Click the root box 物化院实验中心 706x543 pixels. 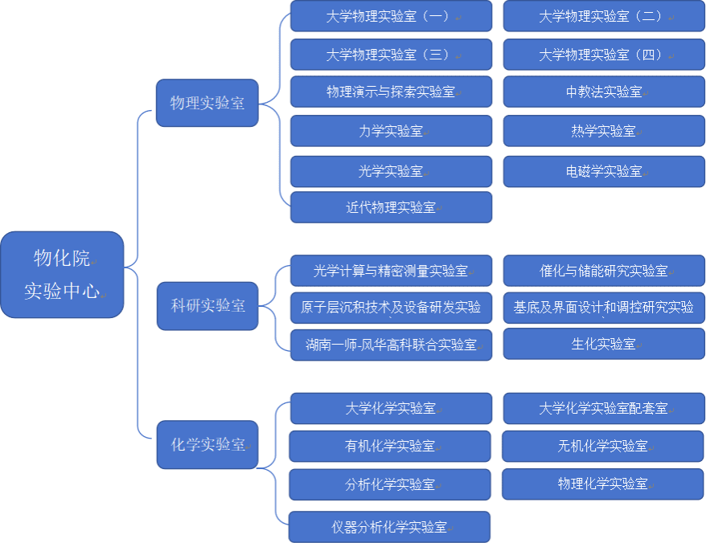click(x=63, y=275)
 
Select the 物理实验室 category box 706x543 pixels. click(x=207, y=103)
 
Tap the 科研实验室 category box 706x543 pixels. click(x=207, y=306)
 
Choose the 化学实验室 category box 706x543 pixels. click(x=207, y=444)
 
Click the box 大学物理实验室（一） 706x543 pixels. click(x=391, y=16)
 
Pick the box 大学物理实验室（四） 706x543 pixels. click(x=604, y=55)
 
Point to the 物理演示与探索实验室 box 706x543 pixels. click(x=391, y=92)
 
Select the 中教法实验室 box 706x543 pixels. click(x=604, y=92)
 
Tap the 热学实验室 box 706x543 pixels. click(x=604, y=131)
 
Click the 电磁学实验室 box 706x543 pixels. click(x=604, y=171)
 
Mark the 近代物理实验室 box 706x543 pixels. click(x=391, y=207)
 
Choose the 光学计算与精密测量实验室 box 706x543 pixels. click(x=391, y=271)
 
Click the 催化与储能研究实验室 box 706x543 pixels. click(x=604, y=271)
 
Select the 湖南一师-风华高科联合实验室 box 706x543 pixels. click(x=391, y=345)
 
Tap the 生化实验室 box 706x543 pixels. click(x=604, y=344)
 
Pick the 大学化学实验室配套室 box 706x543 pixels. click(x=604, y=408)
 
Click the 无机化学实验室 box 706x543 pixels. click(x=603, y=446)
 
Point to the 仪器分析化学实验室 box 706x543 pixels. click(x=389, y=527)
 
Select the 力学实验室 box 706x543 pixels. click(x=391, y=131)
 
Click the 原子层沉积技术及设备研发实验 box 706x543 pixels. click(x=391, y=307)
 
